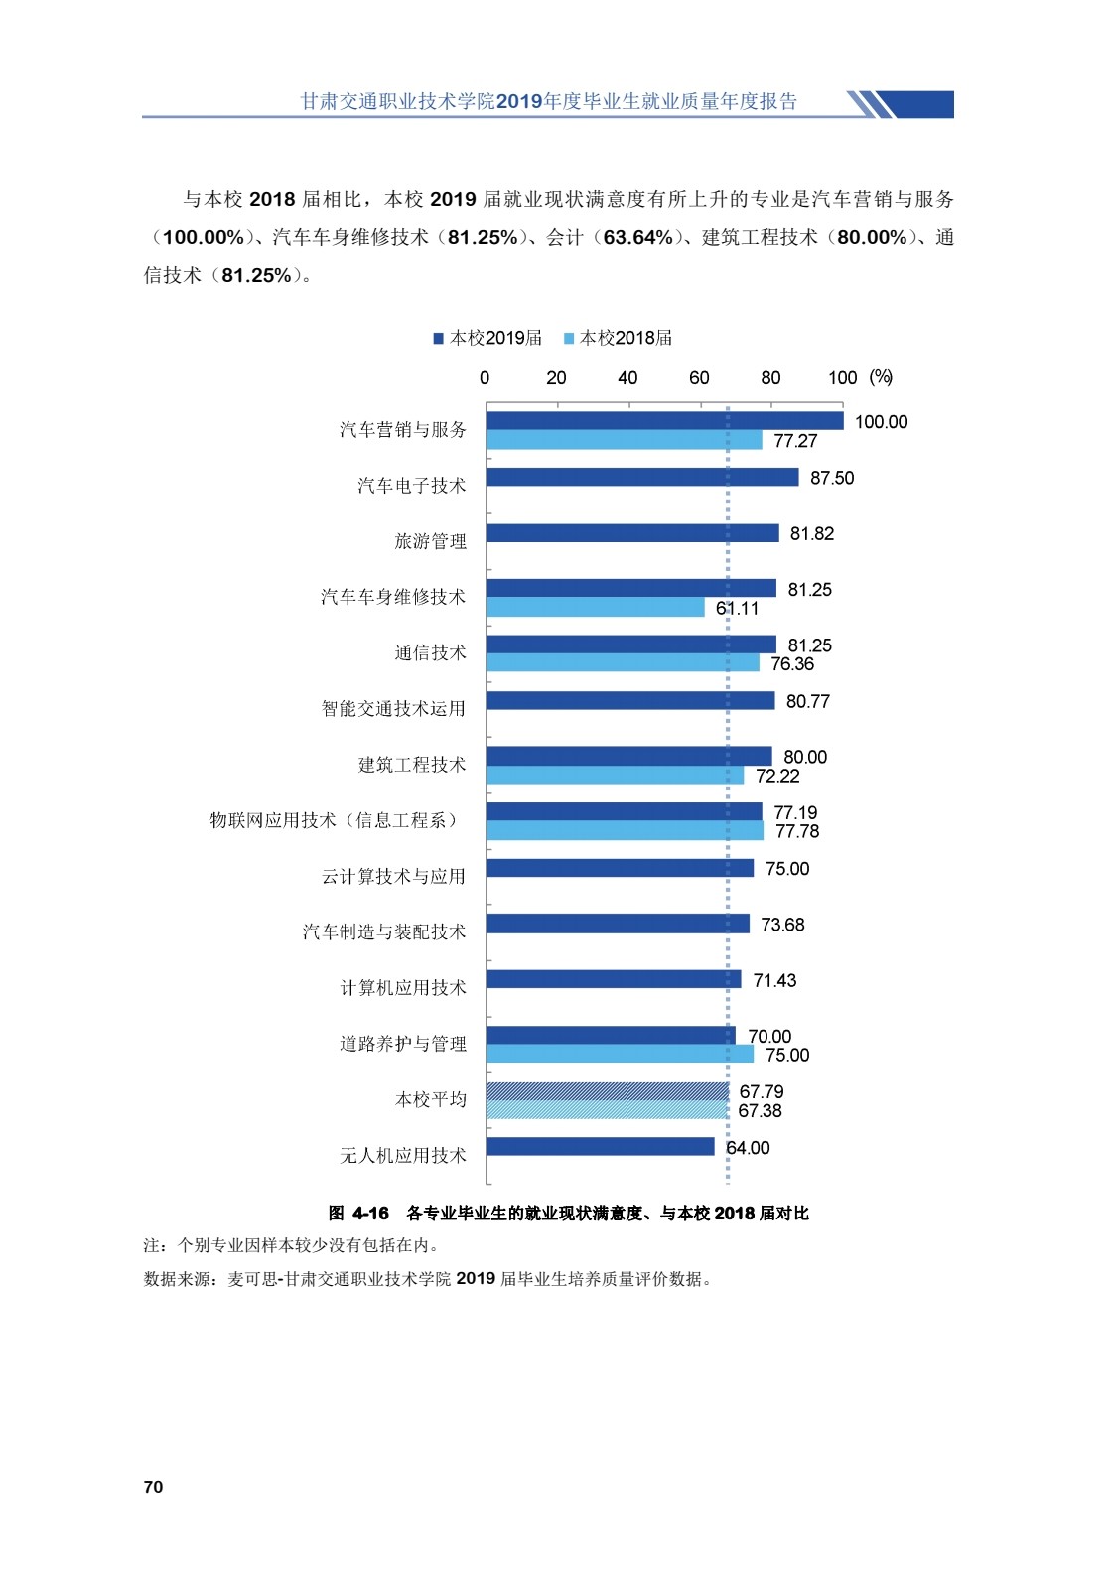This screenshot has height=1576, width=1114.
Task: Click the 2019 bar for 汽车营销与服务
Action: [x=664, y=421]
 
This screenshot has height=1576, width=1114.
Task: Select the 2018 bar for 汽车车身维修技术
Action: [x=595, y=608]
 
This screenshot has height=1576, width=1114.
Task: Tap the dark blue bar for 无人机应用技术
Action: [x=600, y=1147]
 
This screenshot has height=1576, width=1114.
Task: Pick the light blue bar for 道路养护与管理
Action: [x=620, y=1055]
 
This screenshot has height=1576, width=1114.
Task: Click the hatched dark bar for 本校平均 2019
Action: [x=607, y=1091]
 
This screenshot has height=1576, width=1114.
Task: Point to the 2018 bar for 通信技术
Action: [x=623, y=663]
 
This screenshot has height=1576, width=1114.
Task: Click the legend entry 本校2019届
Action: [x=487, y=338]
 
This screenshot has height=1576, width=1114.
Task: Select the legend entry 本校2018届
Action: [x=618, y=338]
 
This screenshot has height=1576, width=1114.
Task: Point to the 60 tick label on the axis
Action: [x=699, y=378]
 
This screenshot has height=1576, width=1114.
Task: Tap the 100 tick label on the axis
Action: [x=842, y=378]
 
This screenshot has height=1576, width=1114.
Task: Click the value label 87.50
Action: [x=832, y=478]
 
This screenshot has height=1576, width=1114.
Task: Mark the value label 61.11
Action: [x=737, y=608]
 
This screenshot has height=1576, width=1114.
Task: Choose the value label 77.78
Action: [x=797, y=831]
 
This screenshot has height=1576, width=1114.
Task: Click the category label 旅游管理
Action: [x=430, y=541]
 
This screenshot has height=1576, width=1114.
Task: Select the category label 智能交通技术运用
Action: [x=393, y=708]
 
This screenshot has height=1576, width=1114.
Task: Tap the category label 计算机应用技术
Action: [x=403, y=987]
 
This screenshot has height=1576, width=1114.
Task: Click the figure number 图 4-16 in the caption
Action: [x=358, y=1213]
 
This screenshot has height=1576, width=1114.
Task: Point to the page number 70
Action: [x=153, y=1487]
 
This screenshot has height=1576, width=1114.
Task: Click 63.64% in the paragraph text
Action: [x=637, y=237]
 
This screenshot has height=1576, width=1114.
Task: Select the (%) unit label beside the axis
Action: [x=881, y=377]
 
